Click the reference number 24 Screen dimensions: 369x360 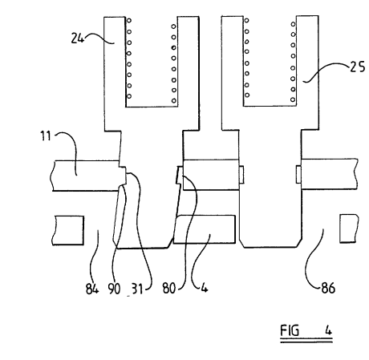coord(77,38)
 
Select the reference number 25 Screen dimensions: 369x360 coord(358,67)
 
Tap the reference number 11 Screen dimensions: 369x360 coord(46,136)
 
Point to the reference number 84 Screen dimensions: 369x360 coord(92,289)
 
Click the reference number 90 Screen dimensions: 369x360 coord(114,289)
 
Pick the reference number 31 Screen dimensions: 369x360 coord(137,289)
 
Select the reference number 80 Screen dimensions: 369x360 coord(169,289)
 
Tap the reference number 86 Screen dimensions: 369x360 coord(328,289)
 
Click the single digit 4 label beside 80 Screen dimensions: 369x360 coord(204,288)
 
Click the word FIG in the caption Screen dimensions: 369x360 coord(290,330)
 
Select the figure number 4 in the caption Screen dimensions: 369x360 coord(328,331)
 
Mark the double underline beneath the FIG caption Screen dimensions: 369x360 coord(306,340)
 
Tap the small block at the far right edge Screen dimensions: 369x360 coord(349,229)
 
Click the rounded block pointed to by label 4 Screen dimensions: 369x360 coord(205,229)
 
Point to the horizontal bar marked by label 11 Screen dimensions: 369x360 coord(86,176)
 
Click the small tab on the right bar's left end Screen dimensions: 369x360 coord(298,174)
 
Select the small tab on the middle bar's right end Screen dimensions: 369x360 coord(241,175)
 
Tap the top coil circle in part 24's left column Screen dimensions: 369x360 coord(129,20)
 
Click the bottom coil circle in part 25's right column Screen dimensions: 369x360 coord(293,99)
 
